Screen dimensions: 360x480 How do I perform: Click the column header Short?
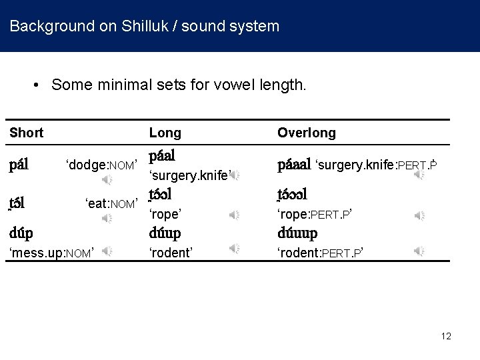tap(27, 133)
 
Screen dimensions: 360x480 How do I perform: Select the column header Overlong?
tap(307, 133)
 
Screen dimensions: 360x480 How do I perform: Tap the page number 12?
tap(445, 336)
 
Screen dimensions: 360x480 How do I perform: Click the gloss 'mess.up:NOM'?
tap(49, 252)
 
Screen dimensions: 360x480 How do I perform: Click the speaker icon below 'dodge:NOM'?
tap(107, 180)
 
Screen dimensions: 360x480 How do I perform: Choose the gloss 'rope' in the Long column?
tap(165, 215)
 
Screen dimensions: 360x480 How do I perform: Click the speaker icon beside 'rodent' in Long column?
tap(235, 249)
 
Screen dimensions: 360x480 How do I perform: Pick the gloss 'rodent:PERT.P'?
tap(320, 252)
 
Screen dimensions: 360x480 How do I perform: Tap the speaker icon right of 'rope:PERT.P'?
tap(419, 215)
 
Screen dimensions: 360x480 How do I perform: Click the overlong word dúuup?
tap(297, 233)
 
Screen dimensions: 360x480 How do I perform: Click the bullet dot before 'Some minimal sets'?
tap(38, 85)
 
